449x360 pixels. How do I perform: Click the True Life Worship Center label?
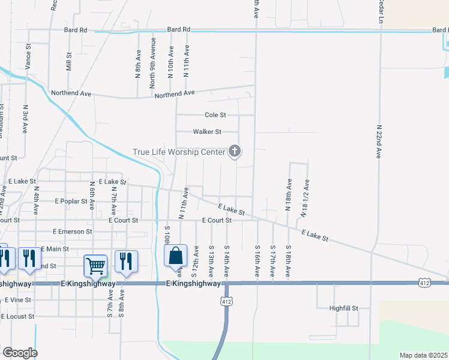click(178, 152)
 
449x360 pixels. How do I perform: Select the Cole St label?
click(215, 115)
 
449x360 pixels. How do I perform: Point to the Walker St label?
click(207, 132)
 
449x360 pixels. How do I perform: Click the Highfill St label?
click(343, 308)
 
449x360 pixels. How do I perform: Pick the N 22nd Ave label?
click(379, 142)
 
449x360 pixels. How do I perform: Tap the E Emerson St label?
click(72, 231)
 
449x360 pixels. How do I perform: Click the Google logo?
click(19, 353)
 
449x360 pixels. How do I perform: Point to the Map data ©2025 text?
click(423, 355)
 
